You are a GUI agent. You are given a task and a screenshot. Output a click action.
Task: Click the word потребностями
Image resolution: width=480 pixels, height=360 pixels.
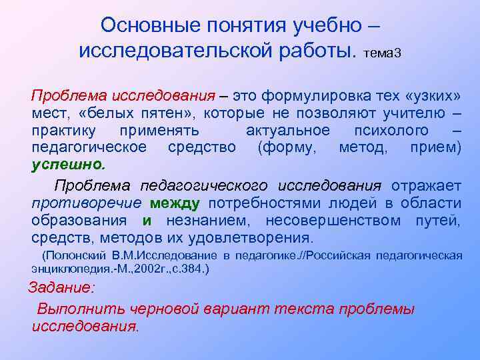pos(252,203)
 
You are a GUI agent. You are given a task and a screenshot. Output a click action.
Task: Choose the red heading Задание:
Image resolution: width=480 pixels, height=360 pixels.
pos(61,289)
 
